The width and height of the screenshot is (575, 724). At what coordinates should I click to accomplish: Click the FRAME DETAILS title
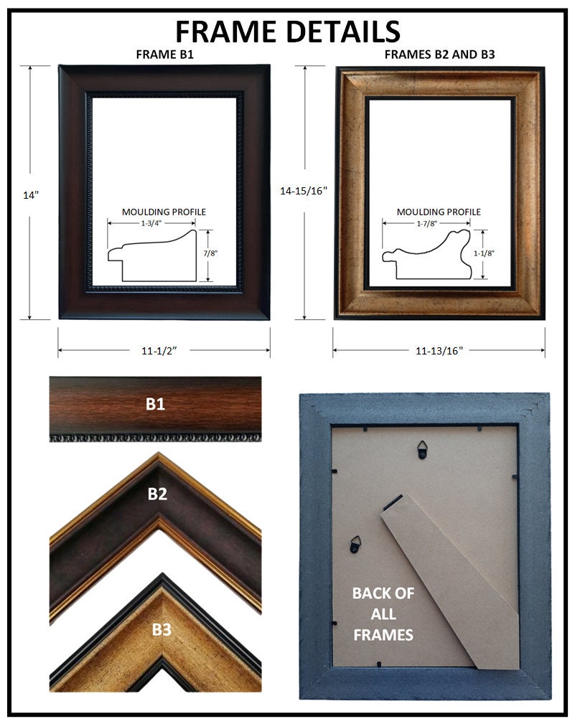point(287,32)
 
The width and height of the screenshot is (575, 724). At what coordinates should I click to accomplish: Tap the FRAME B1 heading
point(165,55)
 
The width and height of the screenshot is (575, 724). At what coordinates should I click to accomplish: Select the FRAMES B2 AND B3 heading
point(439,55)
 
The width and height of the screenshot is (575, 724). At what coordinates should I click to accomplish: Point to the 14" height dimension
point(30,195)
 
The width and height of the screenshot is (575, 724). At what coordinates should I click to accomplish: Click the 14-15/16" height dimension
point(304,191)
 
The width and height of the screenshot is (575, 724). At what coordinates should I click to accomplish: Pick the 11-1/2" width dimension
point(159,351)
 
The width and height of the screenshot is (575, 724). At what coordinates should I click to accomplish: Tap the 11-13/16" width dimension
point(439,351)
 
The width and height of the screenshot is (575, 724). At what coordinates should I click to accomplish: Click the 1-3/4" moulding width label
point(151,223)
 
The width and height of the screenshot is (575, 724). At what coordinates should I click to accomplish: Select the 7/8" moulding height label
point(210,253)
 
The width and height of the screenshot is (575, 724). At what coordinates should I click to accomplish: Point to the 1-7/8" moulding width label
point(426,223)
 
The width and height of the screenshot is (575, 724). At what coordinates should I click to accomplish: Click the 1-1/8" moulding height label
point(484,253)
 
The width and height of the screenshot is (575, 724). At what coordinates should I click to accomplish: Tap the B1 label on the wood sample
point(155,404)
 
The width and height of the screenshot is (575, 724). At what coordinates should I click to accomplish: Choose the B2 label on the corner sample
point(157,494)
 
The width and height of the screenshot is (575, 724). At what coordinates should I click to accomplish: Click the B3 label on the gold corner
point(162,629)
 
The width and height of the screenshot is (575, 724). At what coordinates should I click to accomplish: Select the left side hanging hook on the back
point(355,545)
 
